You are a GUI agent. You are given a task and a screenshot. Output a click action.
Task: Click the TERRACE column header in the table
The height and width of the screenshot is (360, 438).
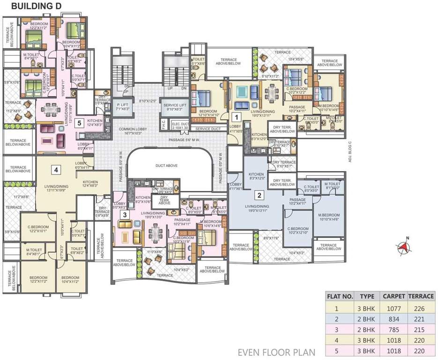pyautogui.click(x=421, y=296)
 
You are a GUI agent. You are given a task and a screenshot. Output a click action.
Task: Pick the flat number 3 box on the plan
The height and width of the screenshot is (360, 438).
pyautogui.click(x=125, y=215)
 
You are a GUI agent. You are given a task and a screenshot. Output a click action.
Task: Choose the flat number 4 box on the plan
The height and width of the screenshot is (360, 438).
pyautogui.click(x=55, y=169)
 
